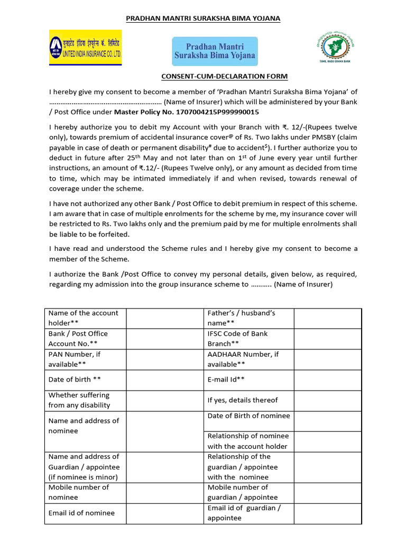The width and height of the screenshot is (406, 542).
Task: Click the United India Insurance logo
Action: click(x=86, y=48)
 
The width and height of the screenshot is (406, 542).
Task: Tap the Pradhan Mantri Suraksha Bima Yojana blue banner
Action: click(x=215, y=51)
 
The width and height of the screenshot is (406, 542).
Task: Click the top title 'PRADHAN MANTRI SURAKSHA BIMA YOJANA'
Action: click(x=203, y=19)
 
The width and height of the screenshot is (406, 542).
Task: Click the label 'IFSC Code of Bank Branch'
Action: click(x=238, y=339)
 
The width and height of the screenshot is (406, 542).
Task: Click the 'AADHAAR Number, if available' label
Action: click(x=243, y=359)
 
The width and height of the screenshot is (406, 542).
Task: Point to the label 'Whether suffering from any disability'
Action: click(x=79, y=400)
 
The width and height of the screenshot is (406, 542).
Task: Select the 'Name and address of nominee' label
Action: click(x=84, y=426)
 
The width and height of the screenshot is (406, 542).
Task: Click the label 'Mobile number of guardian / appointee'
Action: click(x=243, y=492)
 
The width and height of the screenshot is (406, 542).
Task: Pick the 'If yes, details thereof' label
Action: click(x=243, y=400)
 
